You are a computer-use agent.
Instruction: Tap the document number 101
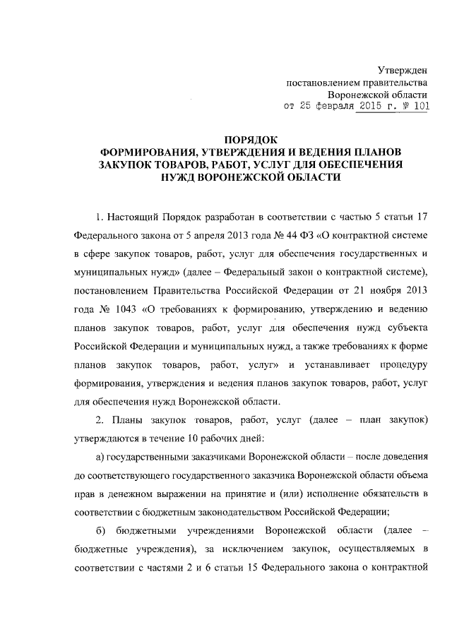coord(419,107)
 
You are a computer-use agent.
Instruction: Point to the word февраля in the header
coord(321,107)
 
